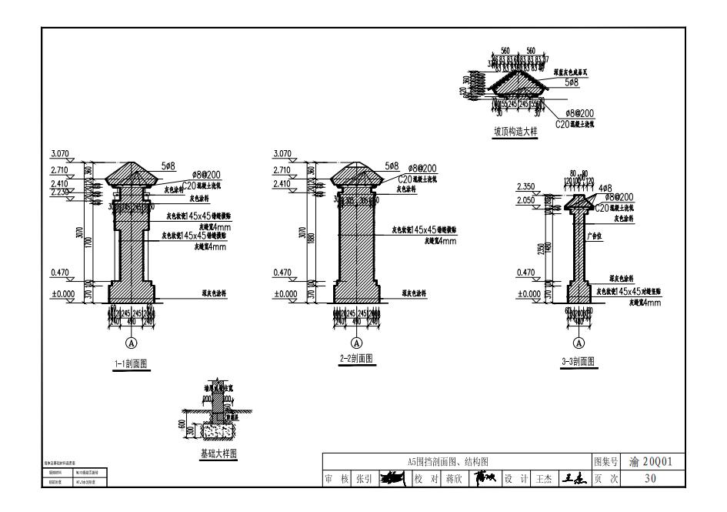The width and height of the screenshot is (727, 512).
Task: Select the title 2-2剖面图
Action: click(356, 359)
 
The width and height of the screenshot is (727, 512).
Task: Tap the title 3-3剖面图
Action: click(579, 360)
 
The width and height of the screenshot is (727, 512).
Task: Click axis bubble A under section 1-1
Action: click(131, 342)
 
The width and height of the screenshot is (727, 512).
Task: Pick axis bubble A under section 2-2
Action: click(356, 342)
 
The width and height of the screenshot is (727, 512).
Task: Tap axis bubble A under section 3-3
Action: click(579, 342)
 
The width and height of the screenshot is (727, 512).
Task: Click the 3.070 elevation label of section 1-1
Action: click(59, 154)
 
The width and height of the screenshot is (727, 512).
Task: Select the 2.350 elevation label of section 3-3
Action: click(525, 186)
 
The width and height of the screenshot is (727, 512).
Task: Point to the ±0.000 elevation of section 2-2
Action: click(285, 293)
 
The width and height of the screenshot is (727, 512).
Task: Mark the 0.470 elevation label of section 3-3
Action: click(525, 273)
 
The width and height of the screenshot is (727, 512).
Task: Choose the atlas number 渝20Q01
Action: click(651, 462)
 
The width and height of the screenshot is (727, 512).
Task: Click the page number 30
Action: click(651, 478)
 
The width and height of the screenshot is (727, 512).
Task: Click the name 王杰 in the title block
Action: click(543, 478)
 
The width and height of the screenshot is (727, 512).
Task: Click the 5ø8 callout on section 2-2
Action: click(392, 166)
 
